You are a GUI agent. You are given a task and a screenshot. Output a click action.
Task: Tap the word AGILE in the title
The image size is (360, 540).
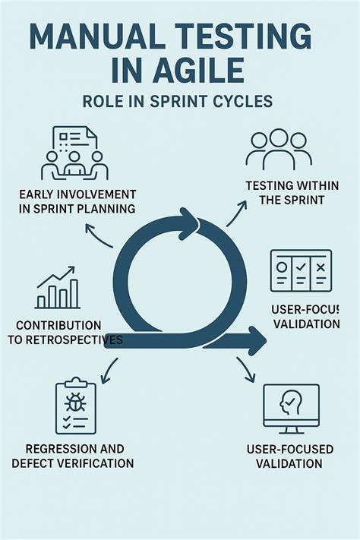click(x=194, y=71)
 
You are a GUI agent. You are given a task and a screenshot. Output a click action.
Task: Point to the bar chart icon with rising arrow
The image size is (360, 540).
click(x=58, y=287)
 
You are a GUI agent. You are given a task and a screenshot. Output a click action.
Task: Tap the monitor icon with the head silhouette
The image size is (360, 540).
click(x=291, y=409)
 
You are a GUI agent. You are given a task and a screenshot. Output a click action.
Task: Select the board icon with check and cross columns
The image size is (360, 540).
click(x=301, y=270)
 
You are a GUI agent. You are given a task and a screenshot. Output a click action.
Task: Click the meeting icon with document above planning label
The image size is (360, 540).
click(x=74, y=153)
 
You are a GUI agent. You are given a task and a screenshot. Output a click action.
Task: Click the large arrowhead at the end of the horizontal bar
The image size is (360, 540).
click(x=256, y=340)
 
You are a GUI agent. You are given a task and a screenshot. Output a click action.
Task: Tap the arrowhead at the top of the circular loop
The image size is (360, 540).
click(x=188, y=224)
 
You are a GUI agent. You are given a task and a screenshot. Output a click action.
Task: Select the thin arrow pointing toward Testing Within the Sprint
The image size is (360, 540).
click(x=237, y=213)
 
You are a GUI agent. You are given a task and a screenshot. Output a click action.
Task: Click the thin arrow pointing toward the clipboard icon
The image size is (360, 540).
click(x=109, y=371)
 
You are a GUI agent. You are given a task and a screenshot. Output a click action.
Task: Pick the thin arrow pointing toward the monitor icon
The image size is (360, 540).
click(x=246, y=370)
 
